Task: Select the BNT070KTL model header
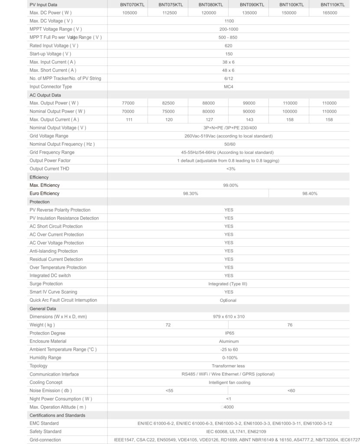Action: click(x=129, y=5)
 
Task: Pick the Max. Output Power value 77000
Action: click(x=129, y=103)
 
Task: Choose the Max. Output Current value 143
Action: click(x=249, y=120)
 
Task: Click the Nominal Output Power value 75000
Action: click(x=168, y=111)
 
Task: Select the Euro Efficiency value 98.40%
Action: click(x=310, y=193)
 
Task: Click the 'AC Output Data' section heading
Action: click(x=45, y=95)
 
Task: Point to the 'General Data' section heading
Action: click(x=43, y=308)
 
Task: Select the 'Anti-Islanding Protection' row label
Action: click(x=53, y=251)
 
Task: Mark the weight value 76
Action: click(x=290, y=325)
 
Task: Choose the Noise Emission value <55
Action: click(x=169, y=391)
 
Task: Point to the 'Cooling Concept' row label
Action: click(x=46, y=382)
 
